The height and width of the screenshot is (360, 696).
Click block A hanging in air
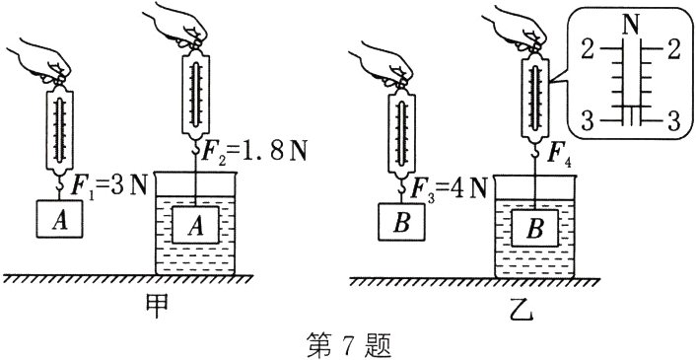(59, 219)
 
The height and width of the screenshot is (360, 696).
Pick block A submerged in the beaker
(195, 225)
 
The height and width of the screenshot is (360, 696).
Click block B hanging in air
(401, 222)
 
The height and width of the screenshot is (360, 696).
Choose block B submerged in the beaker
(535, 228)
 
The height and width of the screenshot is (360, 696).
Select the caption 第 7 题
(348, 346)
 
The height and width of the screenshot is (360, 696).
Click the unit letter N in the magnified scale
(631, 27)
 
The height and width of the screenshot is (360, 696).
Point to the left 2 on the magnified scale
(589, 50)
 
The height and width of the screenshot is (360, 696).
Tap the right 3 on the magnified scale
(674, 120)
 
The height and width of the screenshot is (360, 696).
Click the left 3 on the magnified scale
(588, 120)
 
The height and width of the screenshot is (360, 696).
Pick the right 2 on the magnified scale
(674, 50)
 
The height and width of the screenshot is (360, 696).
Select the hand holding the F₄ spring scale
(518, 28)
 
